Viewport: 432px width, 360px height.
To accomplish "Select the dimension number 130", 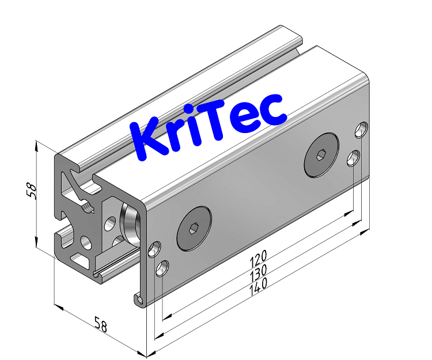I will coord(259,271).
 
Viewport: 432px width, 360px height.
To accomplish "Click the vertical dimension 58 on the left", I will coord(32,191).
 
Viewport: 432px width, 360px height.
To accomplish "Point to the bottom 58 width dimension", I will coord(101,325).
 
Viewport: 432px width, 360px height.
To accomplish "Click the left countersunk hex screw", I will coord(194,229).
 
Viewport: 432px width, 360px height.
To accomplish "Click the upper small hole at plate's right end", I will coord(362,130).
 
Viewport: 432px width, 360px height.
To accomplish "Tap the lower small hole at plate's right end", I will coord(354,157).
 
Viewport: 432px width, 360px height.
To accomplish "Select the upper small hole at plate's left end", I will coord(154,249).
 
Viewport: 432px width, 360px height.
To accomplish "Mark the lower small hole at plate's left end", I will coord(163,268).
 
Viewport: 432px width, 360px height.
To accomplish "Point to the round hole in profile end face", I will coord(86,242).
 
